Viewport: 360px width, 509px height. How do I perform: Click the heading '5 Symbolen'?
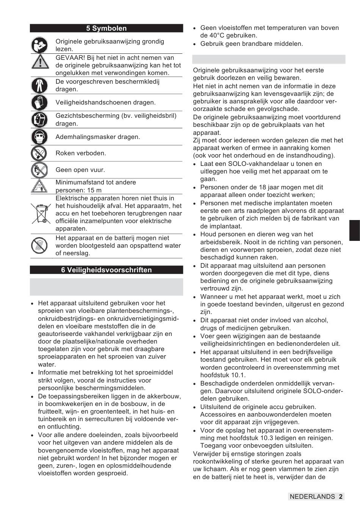point(106,28)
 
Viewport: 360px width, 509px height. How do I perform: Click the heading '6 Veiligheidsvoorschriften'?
point(106,270)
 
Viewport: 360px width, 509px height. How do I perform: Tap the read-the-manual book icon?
point(39,45)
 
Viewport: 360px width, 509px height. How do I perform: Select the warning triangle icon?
point(39,62)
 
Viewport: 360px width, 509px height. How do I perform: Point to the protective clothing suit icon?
point(39,85)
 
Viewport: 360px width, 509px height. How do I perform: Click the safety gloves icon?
point(39,102)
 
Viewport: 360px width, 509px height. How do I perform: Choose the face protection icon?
point(39,120)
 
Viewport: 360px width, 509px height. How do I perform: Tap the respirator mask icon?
point(39,137)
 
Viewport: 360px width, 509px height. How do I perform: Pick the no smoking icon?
point(39,153)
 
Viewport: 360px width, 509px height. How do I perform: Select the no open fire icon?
point(39,170)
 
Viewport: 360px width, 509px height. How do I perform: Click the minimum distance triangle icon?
point(39,186)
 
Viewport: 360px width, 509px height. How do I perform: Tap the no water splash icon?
point(39,246)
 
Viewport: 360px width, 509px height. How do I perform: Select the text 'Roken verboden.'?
point(81,153)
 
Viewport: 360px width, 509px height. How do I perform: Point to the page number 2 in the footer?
point(341,497)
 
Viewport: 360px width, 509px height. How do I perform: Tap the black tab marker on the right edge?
point(354,230)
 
